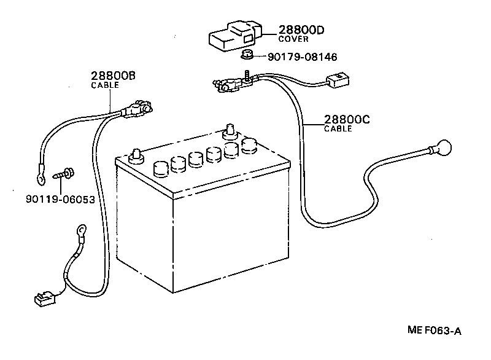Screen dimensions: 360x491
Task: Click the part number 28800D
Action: tap(301, 29)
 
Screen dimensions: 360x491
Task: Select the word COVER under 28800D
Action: tap(293, 39)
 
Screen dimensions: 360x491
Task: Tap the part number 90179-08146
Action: tap(303, 57)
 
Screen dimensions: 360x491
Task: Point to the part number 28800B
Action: tap(113, 76)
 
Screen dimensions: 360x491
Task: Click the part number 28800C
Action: tap(347, 120)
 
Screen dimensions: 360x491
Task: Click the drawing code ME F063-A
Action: tap(434, 331)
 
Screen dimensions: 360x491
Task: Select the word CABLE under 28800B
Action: tap(105, 85)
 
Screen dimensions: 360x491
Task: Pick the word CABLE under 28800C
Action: tap(338, 129)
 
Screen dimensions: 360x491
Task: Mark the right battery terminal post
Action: tap(231, 131)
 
